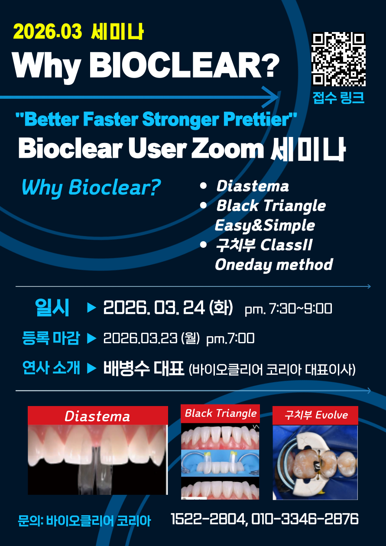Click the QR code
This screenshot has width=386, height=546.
[x=338, y=59]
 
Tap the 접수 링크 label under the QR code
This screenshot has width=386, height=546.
[x=338, y=98]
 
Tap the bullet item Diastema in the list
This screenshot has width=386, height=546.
[x=253, y=186]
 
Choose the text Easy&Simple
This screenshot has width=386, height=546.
[x=265, y=225]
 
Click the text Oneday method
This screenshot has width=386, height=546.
[x=274, y=264]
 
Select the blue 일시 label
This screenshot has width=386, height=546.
[x=52, y=308]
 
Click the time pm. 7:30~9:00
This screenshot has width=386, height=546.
[x=288, y=309]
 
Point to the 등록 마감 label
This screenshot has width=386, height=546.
[x=51, y=338]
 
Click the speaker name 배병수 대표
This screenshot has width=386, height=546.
[x=144, y=369]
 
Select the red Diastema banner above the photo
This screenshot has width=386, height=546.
[x=97, y=416]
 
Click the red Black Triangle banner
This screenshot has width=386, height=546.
[x=221, y=413]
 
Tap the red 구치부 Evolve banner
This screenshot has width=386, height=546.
[x=316, y=415]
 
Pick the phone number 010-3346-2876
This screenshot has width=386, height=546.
[x=305, y=518]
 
